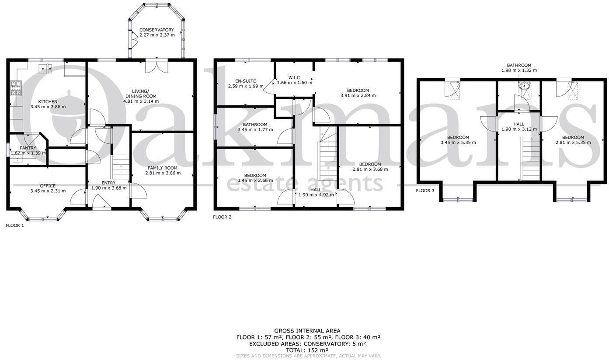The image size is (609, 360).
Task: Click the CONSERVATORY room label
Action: pos(157,30)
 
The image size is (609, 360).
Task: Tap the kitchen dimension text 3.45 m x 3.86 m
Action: pos(48,107)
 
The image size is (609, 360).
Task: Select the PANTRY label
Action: pos(28,148)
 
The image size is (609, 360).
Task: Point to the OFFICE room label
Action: pos(48,186)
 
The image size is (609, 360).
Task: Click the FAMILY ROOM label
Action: pos(162,168)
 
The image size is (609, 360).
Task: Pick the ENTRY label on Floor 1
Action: pos(108,183)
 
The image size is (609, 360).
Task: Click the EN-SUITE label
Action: pos(245,81)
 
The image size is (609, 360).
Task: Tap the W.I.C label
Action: pos(294,77)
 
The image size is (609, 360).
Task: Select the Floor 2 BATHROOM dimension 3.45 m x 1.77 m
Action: pos(255,130)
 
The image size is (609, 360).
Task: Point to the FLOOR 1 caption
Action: pos(15,225)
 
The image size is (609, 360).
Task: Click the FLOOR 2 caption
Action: pos(222,217)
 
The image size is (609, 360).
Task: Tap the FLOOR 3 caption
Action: pos(425,190)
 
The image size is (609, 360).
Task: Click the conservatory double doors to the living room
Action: pos(157,66)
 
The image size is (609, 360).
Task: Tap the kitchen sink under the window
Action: pos(45,68)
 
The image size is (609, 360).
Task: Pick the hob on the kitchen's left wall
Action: pos(16,89)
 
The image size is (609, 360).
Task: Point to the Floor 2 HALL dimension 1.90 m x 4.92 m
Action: pos(316,195)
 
